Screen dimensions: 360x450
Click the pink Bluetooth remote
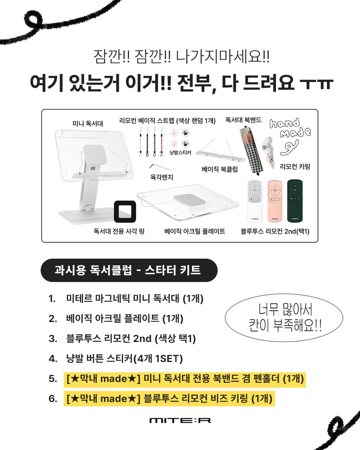275,201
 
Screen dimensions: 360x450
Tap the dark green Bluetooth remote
295,201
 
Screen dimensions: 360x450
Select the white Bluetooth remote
255,201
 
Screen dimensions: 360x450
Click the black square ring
125,211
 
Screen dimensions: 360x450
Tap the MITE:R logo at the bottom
180,420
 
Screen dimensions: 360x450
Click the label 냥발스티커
180,153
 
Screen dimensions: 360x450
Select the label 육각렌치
162,177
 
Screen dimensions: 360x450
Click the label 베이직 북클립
220,169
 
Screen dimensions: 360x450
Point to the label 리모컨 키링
295,166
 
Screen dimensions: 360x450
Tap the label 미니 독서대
88,123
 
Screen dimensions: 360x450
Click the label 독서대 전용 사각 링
119,231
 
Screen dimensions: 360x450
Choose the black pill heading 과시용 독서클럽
129,270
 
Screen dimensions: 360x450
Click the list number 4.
53,358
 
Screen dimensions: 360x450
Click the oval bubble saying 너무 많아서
284,318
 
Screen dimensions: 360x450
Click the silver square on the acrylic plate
189,199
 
